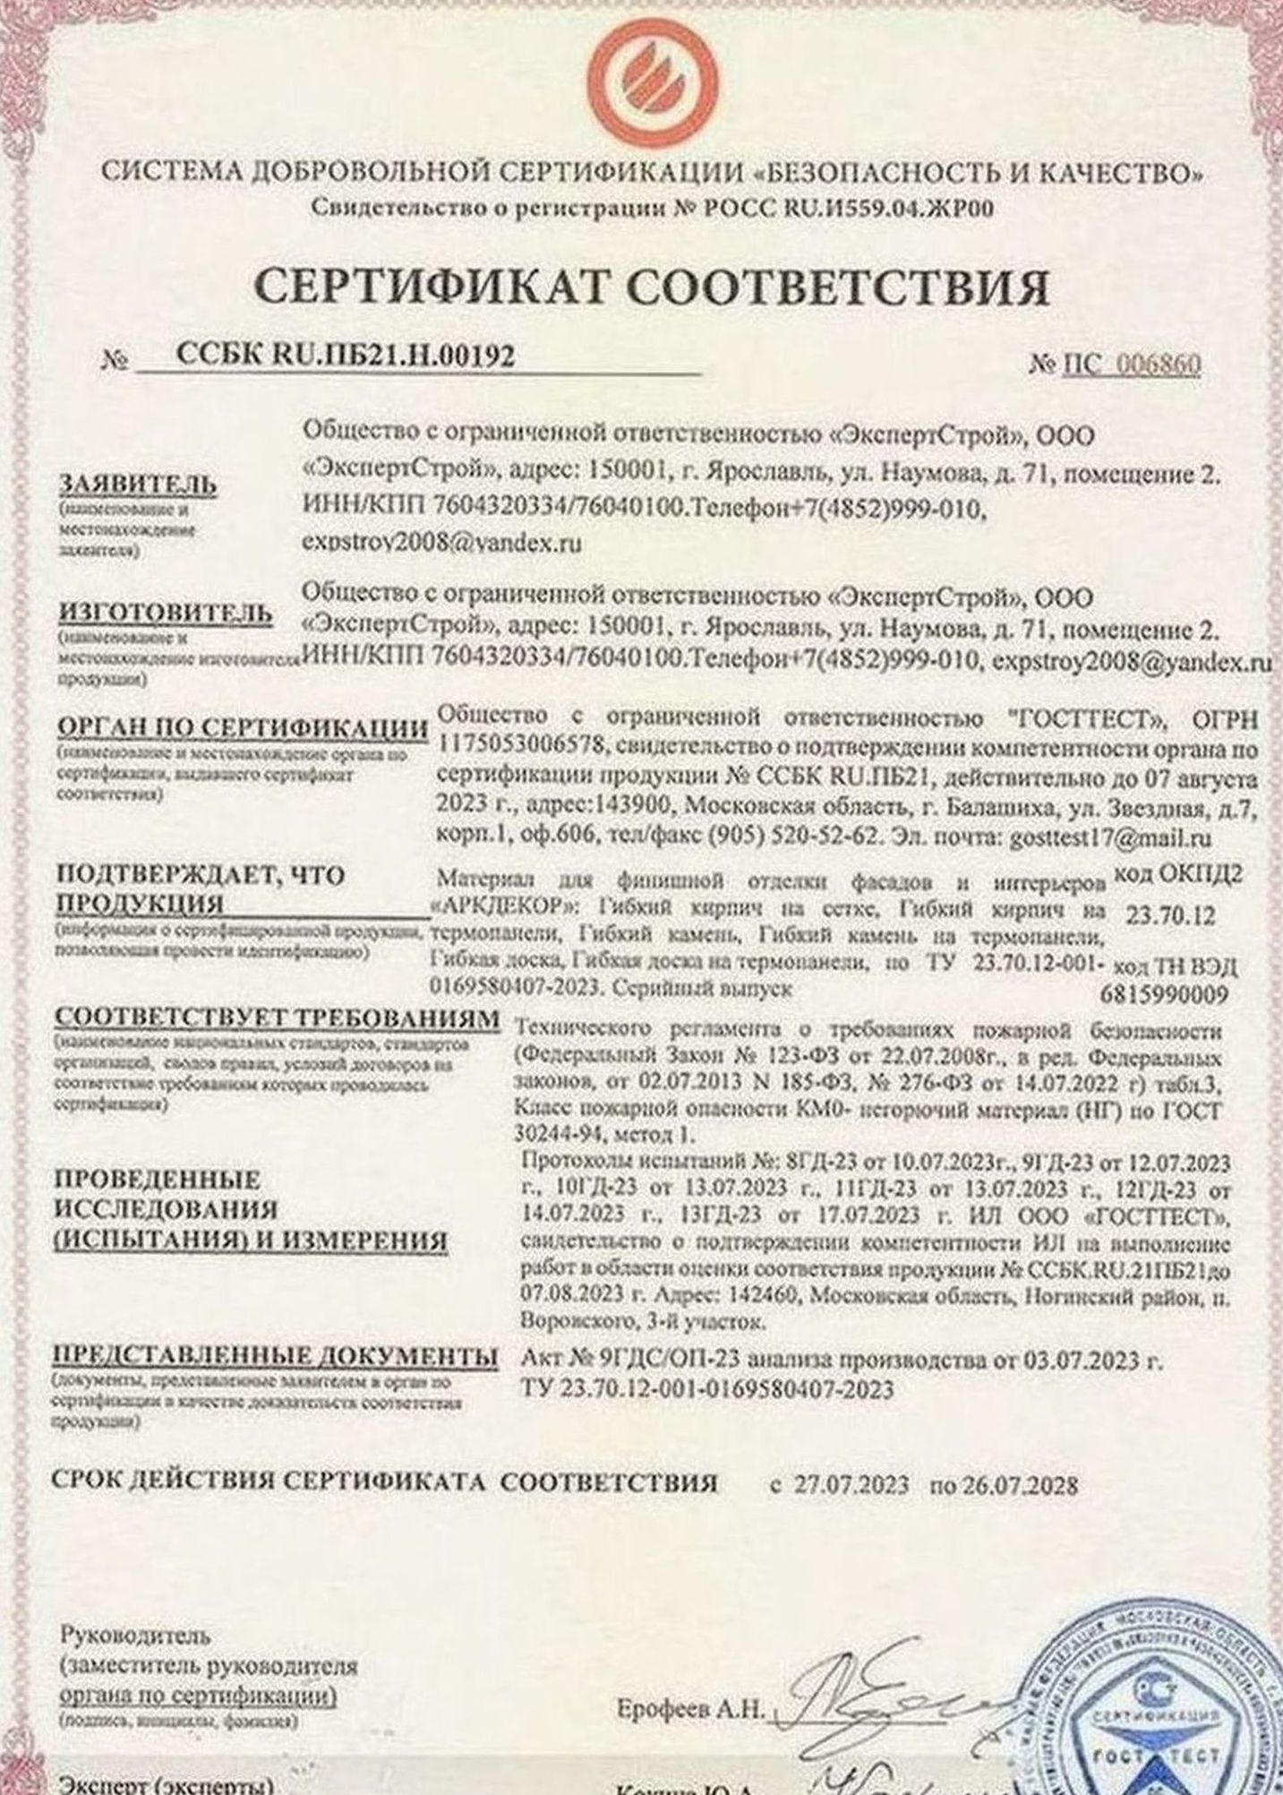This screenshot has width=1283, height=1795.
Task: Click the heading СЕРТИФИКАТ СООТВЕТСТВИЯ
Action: click(651, 289)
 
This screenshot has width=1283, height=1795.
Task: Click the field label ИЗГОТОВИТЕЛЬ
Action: click(165, 614)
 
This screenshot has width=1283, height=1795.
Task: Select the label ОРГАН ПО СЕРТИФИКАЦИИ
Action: click(242, 728)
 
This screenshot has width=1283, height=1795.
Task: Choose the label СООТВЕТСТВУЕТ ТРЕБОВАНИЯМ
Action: click(277, 1018)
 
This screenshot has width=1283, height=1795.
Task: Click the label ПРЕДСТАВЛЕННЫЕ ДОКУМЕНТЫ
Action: click(276, 1356)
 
